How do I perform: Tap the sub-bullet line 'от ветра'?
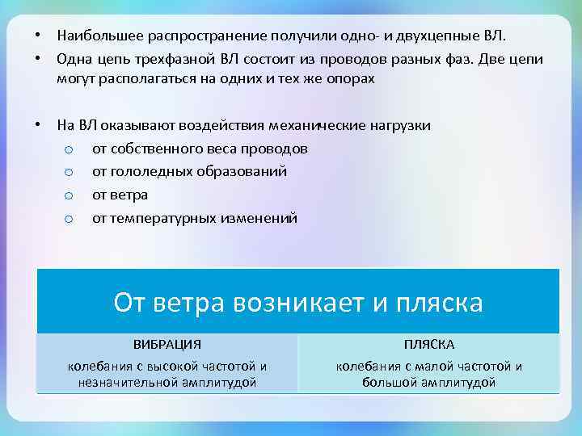120,195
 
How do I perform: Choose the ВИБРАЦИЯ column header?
167,344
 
